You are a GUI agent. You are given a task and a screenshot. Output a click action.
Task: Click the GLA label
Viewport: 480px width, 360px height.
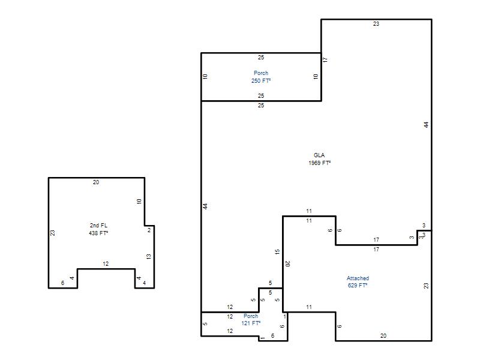(x=319, y=155)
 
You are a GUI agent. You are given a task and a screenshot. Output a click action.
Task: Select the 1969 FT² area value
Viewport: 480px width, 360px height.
(x=320, y=163)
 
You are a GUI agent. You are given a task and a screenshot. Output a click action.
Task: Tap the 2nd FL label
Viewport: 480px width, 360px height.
(x=98, y=226)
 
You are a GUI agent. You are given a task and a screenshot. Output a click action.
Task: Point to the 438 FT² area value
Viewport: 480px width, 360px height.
(x=98, y=233)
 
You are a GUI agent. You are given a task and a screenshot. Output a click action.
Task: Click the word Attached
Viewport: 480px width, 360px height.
(x=358, y=278)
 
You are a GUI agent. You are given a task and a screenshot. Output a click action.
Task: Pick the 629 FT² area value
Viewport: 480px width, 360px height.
(x=358, y=286)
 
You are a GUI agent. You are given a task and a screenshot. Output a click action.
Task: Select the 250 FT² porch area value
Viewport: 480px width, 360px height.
(x=261, y=81)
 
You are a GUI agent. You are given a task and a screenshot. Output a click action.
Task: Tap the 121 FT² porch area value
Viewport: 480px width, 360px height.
(x=251, y=323)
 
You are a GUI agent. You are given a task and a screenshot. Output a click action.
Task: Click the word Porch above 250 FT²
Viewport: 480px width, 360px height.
(x=261, y=73)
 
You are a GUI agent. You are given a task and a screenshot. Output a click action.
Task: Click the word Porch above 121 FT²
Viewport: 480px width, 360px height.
(x=251, y=316)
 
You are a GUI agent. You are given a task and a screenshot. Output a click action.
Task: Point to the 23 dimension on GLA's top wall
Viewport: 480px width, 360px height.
(x=376, y=24)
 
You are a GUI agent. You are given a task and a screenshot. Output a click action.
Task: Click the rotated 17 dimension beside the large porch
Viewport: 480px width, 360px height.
(x=325, y=59)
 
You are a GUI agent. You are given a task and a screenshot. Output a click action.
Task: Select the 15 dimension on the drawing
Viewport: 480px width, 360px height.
(x=277, y=252)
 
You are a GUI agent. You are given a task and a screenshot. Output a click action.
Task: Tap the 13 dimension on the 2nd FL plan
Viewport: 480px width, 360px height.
(x=149, y=257)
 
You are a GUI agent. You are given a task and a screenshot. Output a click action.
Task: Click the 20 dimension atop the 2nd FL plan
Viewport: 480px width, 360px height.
(x=96, y=182)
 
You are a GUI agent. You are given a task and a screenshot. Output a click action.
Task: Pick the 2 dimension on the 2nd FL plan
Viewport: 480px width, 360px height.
(x=149, y=230)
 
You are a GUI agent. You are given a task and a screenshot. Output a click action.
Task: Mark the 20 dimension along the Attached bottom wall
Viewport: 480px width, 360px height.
(x=383, y=336)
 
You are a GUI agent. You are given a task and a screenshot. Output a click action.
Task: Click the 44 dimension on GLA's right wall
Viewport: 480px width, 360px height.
(x=427, y=125)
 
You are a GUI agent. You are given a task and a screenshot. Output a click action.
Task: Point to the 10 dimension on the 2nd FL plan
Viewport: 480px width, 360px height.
(x=139, y=202)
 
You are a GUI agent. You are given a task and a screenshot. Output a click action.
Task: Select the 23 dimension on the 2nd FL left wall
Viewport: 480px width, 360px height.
(x=53, y=233)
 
